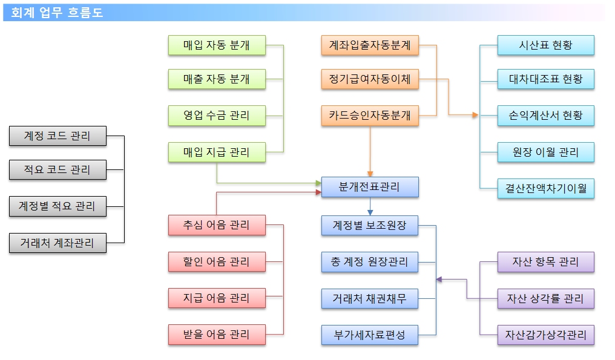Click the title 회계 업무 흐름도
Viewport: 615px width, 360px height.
pos(57,13)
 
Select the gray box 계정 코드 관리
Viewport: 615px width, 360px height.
pos(58,136)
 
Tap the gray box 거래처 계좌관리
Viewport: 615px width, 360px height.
pos(58,243)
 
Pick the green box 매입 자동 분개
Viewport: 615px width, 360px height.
pos(217,45)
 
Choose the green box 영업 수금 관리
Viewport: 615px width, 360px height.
pos(217,116)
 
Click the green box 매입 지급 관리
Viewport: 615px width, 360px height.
pos(217,152)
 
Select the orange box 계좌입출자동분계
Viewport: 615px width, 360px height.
pos(370,45)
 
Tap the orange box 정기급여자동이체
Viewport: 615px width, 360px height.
pos(370,79)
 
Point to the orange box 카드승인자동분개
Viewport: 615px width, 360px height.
pos(370,116)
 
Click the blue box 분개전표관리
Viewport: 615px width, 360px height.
pos(370,187)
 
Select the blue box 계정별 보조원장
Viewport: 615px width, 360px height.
pos(370,225)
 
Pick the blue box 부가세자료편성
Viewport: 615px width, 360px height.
pos(370,335)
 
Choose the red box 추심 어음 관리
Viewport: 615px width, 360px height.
pos(217,225)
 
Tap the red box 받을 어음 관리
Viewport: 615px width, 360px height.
pos(217,335)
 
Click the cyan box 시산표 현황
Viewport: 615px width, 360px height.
pos(546,45)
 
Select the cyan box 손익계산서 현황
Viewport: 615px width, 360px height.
pos(546,116)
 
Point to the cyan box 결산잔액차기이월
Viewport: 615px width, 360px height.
pos(546,188)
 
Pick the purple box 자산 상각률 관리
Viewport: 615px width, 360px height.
pos(546,299)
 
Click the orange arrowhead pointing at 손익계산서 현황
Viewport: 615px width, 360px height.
pos(475,115)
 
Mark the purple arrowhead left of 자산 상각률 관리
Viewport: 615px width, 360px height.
pos(439,280)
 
